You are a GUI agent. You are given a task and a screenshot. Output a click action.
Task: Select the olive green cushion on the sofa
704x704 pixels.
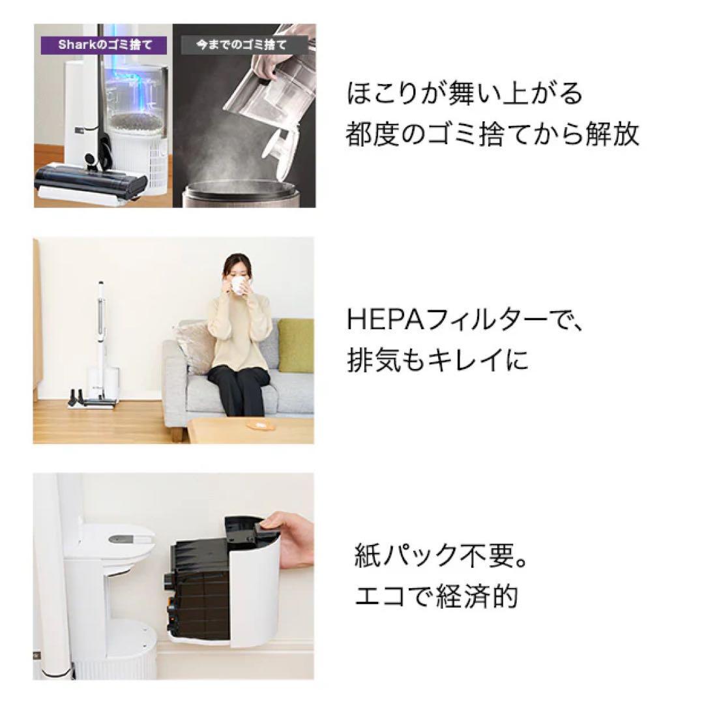tap(296, 345)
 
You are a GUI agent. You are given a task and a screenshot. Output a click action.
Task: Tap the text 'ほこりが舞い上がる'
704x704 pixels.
tap(464, 94)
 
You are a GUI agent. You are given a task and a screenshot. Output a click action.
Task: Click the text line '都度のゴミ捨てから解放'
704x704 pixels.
tap(492, 135)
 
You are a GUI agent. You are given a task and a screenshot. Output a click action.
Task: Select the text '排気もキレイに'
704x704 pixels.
tap(437, 360)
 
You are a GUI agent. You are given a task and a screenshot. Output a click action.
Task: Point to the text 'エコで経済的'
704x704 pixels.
tap(436, 596)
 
